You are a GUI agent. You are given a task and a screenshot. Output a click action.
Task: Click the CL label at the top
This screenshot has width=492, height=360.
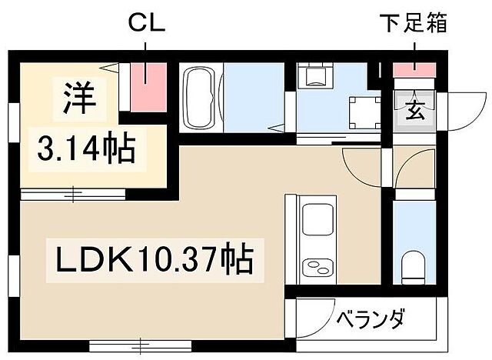point(147,24)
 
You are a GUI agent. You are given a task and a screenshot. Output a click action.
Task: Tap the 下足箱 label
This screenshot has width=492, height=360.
point(414,24)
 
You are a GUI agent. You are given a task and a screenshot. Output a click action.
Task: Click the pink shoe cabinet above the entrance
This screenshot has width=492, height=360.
point(414,72)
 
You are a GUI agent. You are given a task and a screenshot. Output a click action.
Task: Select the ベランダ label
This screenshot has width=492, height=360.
point(369,318)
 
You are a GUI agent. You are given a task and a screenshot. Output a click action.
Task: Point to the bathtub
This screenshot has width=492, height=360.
point(201,98)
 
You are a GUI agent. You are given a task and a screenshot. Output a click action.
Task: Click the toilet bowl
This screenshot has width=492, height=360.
point(414,267)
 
